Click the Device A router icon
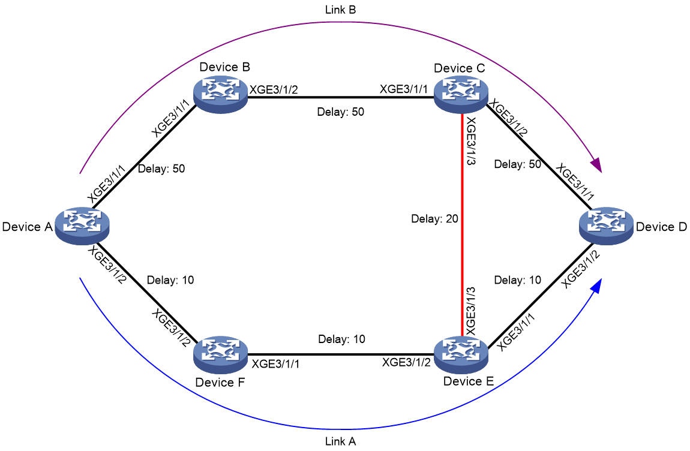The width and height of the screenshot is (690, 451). click(x=82, y=226)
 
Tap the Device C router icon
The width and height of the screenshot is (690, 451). click(x=461, y=95)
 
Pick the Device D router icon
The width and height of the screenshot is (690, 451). click(x=607, y=226)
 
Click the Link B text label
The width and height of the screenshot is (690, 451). click(x=341, y=10)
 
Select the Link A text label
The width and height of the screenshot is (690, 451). click(x=341, y=441)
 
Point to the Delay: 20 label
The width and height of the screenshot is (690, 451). click(x=435, y=219)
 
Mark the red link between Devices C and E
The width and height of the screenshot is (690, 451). click(x=461, y=224)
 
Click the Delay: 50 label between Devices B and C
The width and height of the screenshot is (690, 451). click(x=341, y=112)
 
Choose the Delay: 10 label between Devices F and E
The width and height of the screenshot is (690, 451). click(x=342, y=339)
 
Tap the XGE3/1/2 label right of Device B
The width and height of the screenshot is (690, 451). click(x=274, y=90)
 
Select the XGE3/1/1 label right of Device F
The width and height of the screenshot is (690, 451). click(x=275, y=364)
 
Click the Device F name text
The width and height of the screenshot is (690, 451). click(x=220, y=383)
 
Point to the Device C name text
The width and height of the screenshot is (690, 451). click(x=460, y=68)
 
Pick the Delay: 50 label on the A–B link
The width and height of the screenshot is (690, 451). click(x=161, y=169)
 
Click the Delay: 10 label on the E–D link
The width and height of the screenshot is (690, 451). click(x=517, y=280)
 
